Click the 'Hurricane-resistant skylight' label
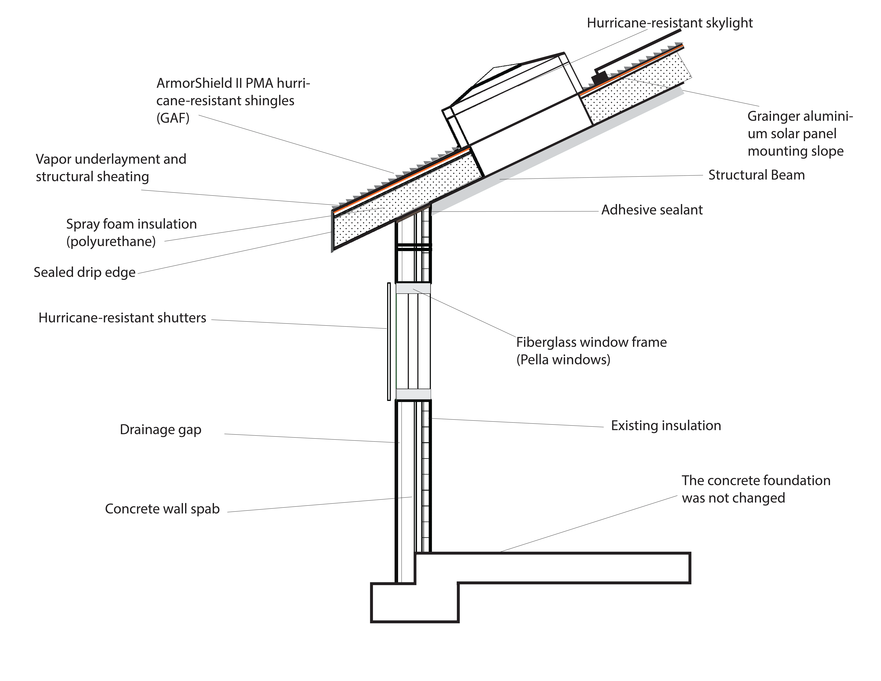point(670,23)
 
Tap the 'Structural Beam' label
point(756,175)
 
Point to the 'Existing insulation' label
point(666,426)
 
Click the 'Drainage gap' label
point(161,430)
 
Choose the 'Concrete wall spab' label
point(162,509)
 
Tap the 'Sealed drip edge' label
point(85,272)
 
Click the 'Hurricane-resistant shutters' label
point(122,318)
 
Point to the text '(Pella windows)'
point(563,360)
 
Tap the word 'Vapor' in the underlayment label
point(54,159)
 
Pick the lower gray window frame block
point(413,394)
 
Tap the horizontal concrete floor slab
point(565,568)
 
